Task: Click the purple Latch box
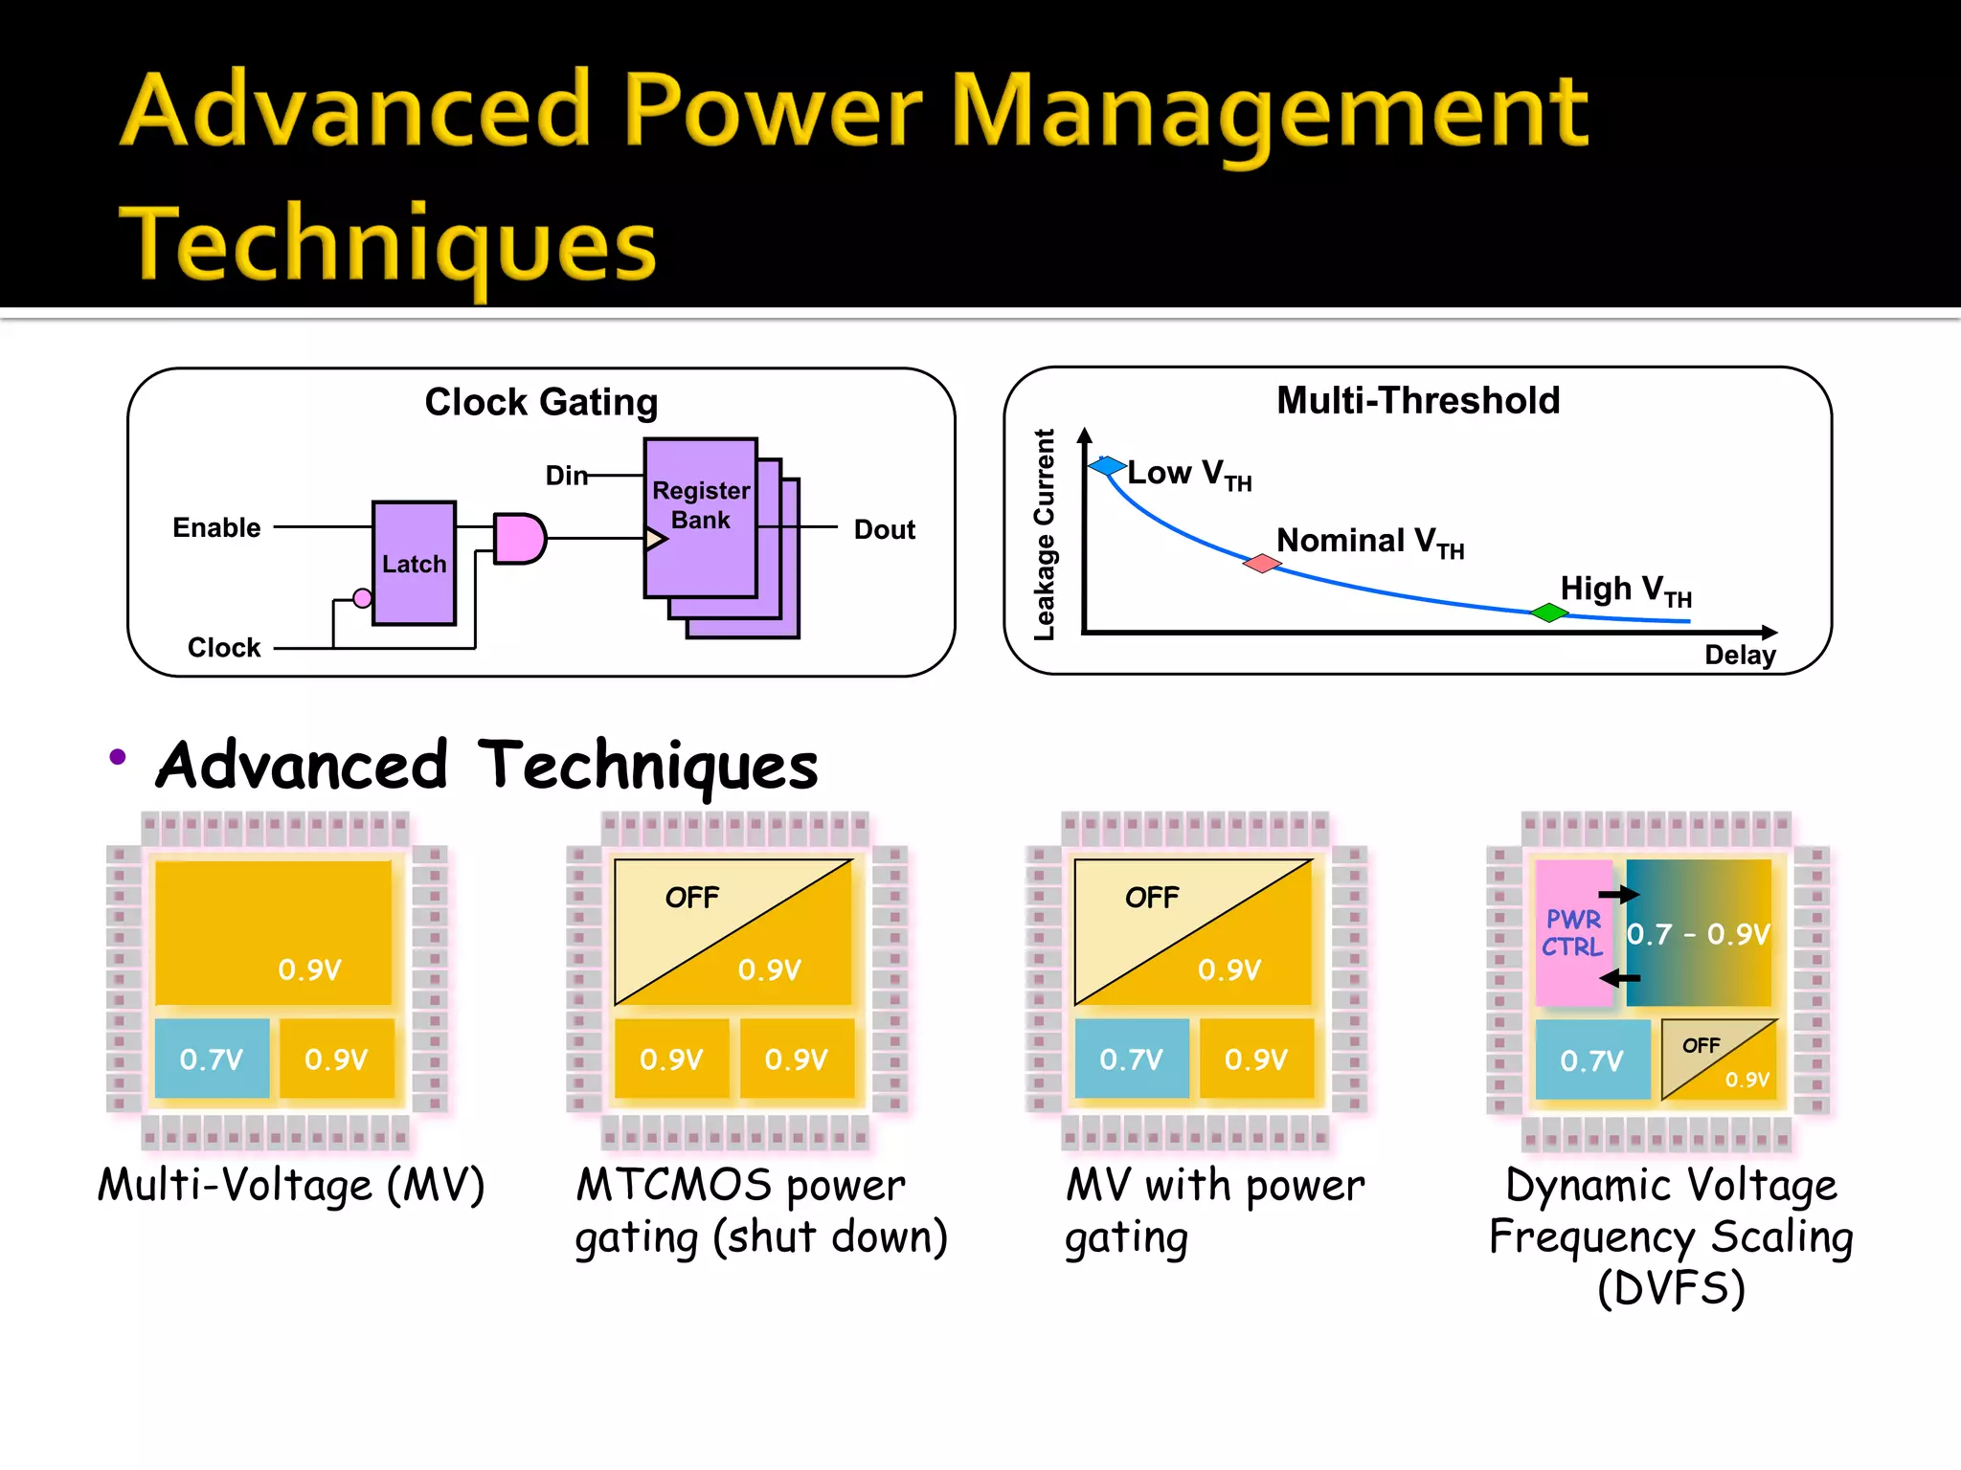(x=414, y=563)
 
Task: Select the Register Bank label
(x=700, y=505)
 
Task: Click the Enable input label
(x=216, y=527)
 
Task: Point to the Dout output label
(x=884, y=529)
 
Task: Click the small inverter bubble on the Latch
(x=362, y=598)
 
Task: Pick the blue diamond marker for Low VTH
(x=1107, y=466)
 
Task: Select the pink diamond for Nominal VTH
(x=1262, y=563)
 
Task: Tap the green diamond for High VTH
(x=1548, y=612)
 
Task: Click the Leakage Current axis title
(x=1044, y=534)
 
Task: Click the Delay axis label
(x=1739, y=656)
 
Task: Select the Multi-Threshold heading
(x=1418, y=400)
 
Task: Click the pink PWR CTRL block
(x=1572, y=933)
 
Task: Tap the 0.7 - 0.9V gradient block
(x=1699, y=933)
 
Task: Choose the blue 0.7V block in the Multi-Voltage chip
(x=212, y=1058)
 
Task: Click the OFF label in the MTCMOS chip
(x=691, y=898)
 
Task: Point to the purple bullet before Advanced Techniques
(x=118, y=757)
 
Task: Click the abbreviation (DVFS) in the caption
(x=1671, y=1288)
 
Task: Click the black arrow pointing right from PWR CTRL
(x=1619, y=895)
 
